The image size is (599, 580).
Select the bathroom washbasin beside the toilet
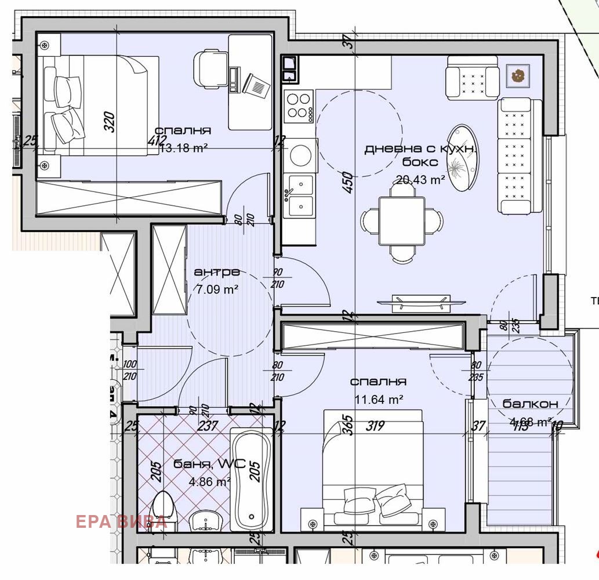pyautogui.click(x=206, y=520)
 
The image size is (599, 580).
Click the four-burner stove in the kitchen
pyautogui.click(x=299, y=106)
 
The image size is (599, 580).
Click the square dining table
pyautogui.click(x=402, y=221)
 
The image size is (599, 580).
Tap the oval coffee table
pyautogui.click(x=464, y=158)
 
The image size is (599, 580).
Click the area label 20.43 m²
pyautogui.click(x=420, y=180)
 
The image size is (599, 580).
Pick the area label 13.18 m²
pyautogui.click(x=183, y=148)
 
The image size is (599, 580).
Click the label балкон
pyautogui.click(x=530, y=404)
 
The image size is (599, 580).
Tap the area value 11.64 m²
pyautogui.click(x=379, y=399)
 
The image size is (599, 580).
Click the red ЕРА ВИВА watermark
pyautogui.click(x=121, y=521)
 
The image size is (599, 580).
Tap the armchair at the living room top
pyautogui.click(x=473, y=77)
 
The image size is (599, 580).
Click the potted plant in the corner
pyautogui.click(x=517, y=75)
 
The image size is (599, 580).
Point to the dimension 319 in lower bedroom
pyautogui.click(x=375, y=426)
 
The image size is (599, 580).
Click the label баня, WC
pyautogui.click(x=209, y=464)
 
